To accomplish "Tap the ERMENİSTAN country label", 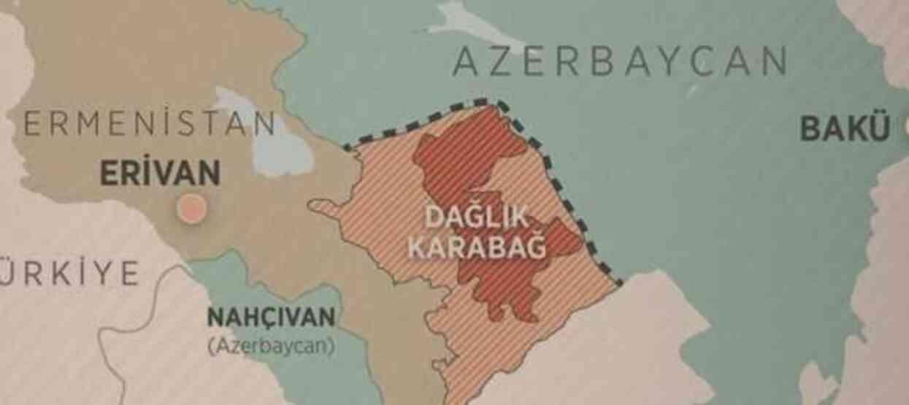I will coord(150,125).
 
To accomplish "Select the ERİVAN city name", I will coord(159,174).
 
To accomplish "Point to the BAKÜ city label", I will coord(845,129).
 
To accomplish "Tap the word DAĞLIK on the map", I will coord(476,217).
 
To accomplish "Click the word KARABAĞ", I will coord(476,247).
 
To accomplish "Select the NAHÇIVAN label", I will coord(272,318).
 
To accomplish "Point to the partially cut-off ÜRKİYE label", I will coord(69,273).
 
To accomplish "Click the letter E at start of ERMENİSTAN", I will coord(31,125).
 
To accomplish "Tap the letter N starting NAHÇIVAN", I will coord(216,318).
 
